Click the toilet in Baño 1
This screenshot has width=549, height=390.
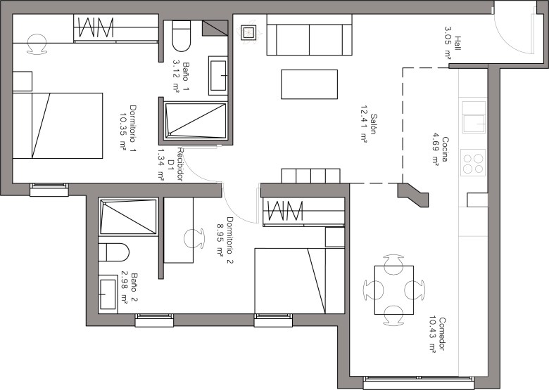pyautogui.click(x=182, y=36)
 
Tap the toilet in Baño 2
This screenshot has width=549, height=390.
pyautogui.click(x=114, y=252)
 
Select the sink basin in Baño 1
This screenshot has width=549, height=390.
pyautogui.click(x=218, y=75)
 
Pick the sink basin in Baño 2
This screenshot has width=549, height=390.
pyautogui.click(x=108, y=294)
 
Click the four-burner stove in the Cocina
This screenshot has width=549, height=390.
pyautogui.click(x=473, y=162)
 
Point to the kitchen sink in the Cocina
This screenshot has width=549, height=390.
pyautogui.click(x=474, y=117)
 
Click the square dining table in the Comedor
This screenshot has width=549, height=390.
pyautogui.click(x=394, y=290)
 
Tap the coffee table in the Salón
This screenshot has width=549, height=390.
pyautogui.click(x=309, y=84)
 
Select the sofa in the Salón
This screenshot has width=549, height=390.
pyautogui.click(x=309, y=35)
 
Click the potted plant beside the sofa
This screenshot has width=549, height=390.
pyautogui.click(x=248, y=32)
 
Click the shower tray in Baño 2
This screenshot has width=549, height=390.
pyautogui.click(x=128, y=216)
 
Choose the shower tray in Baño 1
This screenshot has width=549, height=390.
pyautogui.click(x=196, y=120)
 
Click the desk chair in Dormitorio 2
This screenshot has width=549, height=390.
pyautogui.click(x=194, y=239)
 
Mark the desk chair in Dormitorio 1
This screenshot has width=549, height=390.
pyautogui.click(x=37, y=44)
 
